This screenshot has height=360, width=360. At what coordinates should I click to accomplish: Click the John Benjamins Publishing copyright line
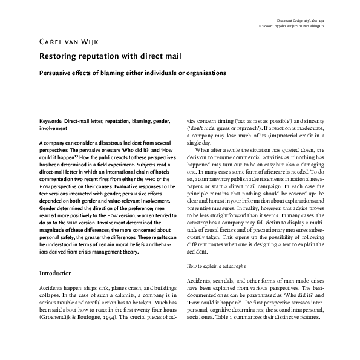[309, 27]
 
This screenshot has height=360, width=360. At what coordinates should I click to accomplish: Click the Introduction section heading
[56, 273]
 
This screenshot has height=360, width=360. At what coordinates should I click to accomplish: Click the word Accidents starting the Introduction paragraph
[51, 288]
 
